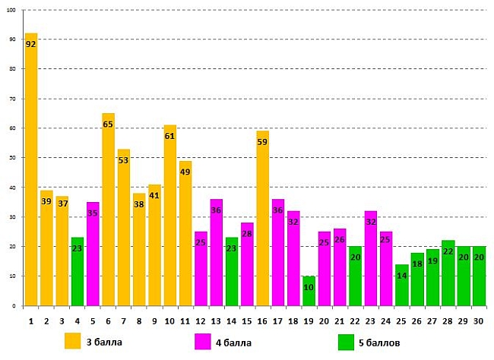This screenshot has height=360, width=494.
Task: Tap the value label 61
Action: (x=170, y=137)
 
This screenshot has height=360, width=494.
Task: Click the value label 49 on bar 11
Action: (x=185, y=172)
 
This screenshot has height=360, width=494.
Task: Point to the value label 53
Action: (x=124, y=160)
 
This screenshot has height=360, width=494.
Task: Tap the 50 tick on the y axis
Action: (x=13, y=158)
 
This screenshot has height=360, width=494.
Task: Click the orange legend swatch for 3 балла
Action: (x=74, y=342)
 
